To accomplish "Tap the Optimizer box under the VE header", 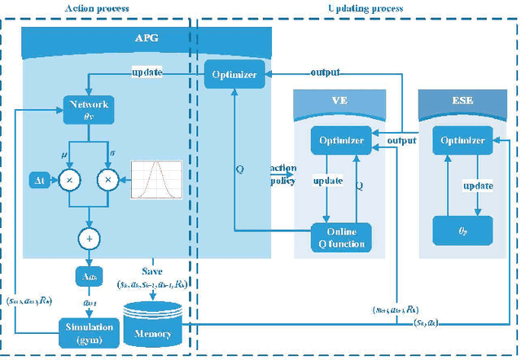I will tap(336, 140).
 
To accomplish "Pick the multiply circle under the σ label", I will tap(107, 178).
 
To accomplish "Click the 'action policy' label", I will tap(282, 174).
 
